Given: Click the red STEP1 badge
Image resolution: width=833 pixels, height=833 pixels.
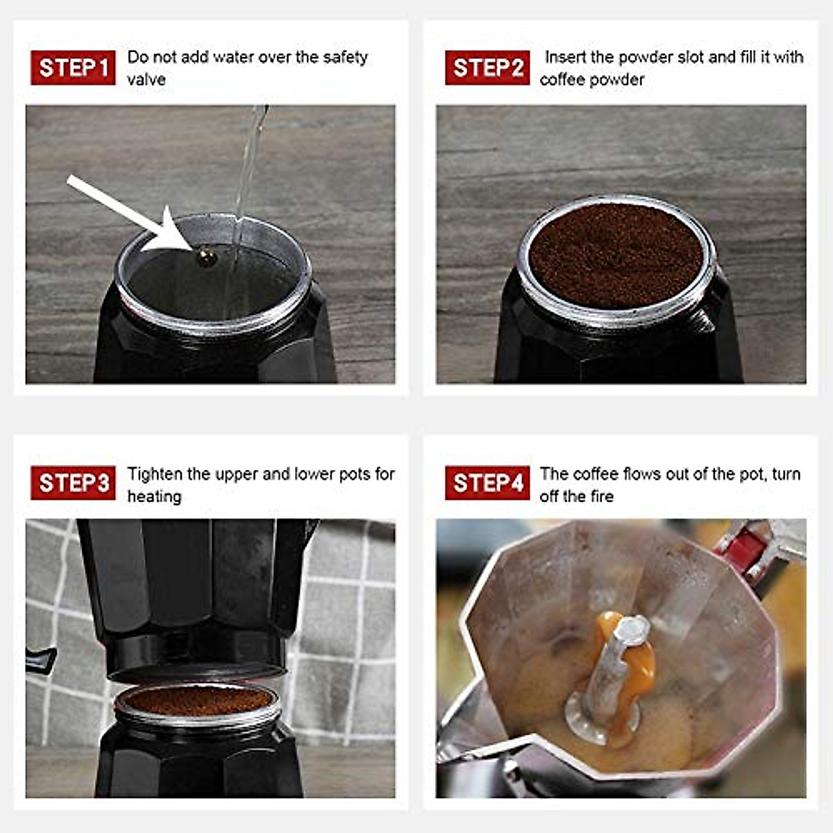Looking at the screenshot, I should tap(73, 67).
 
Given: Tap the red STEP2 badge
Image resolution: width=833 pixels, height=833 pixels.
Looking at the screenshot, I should tap(487, 67).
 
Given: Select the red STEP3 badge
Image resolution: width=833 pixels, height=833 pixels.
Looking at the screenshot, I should tap(73, 482).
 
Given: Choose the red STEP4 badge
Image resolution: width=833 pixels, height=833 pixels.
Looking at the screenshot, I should tap(487, 482).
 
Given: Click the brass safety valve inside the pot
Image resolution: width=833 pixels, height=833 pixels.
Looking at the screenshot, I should tap(207, 258).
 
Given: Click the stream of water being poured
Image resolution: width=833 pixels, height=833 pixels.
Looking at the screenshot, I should tap(246, 174).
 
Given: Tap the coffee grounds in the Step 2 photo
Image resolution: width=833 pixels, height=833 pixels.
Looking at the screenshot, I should tap(616, 253).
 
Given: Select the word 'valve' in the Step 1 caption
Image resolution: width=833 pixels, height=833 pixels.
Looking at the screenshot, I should tap(146, 79).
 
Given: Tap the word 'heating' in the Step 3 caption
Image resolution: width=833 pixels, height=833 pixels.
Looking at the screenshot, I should tap(154, 496).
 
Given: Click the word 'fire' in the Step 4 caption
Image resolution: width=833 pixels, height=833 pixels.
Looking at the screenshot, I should tap(601, 496).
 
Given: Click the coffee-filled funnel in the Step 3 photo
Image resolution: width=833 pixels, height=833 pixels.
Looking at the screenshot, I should tap(198, 701).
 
